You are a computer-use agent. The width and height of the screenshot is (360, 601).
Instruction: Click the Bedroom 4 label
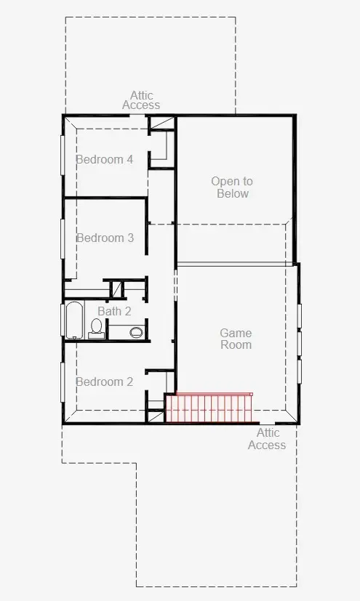[105, 159]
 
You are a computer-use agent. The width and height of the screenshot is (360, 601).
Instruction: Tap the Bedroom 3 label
[105, 238]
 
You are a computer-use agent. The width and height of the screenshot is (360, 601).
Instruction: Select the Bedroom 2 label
[104, 382]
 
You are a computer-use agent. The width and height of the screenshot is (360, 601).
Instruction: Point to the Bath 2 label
[114, 311]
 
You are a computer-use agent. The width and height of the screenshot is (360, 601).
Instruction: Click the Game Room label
[236, 339]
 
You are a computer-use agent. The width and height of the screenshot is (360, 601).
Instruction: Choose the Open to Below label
[232, 187]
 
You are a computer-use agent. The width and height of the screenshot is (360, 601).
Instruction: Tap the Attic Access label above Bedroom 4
[141, 100]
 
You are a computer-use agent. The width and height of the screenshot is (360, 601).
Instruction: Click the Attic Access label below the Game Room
[267, 439]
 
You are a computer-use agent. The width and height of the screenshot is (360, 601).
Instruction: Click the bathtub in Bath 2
[74, 320]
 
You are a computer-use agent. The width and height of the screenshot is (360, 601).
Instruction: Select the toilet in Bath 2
[96, 329]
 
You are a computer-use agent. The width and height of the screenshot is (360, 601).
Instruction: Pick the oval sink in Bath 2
[136, 332]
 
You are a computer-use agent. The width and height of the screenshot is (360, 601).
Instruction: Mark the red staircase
[209, 408]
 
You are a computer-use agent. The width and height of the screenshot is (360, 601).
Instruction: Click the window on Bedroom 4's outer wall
[62, 155]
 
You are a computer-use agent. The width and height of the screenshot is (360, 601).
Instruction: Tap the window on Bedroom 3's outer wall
[62, 239]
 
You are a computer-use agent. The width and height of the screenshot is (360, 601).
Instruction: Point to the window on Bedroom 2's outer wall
[62, 382]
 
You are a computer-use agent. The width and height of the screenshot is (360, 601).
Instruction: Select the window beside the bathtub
[62, 320]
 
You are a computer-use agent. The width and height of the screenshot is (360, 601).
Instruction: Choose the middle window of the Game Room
[300, 344]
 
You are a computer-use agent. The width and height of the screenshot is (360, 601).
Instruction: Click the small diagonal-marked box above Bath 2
[117, 289]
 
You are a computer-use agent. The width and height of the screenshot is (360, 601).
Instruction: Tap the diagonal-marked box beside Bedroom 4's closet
[161, 124]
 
